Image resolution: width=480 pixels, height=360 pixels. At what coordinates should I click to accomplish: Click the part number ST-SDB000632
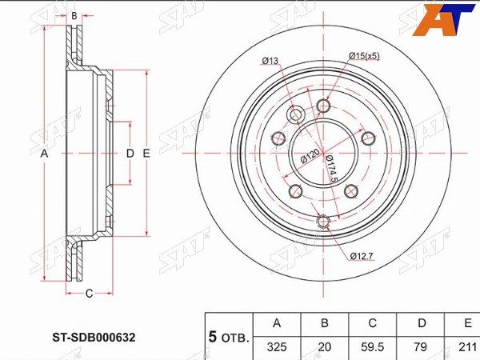(x=94, y=338)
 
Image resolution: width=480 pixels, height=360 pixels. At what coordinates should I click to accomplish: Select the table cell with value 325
(x=277, y=348)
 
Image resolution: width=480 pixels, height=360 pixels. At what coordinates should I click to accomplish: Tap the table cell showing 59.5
(x=372, y=348)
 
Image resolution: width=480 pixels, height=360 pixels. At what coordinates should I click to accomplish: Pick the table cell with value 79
(x=422, y=348)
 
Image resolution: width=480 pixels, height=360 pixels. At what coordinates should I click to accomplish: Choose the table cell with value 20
(x=325, y=348)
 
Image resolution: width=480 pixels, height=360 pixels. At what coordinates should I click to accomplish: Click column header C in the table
(x=372, y=324)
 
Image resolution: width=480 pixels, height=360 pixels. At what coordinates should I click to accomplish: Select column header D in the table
(x=422, y=324)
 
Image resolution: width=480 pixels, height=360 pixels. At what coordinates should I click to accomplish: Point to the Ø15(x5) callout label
(x=364, y=56)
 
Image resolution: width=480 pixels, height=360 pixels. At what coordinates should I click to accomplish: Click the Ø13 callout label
(x=270, y=61)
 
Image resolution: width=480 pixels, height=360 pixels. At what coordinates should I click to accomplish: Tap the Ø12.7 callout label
(x=362, y=256)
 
